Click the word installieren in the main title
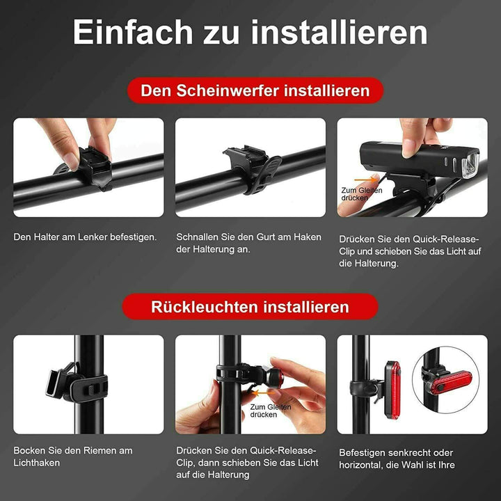340,33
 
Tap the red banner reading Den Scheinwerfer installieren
255,90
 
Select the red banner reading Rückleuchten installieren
250,307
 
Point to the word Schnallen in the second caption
199,237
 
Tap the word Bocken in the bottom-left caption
29,450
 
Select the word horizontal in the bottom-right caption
363,465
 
